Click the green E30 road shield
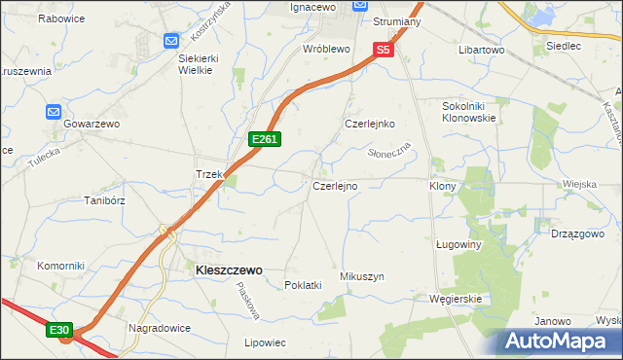(x=59, y=331)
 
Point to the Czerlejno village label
(x=335, y=185)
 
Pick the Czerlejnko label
(x=369, y=125)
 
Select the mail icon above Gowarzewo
(x=55, y=112)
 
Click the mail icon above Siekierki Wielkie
(x=171, y=41)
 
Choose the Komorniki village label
(x=56, y=266)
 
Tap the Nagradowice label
(x=159, y=328)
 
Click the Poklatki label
(x=302, y=285)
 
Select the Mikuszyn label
(x=362, y=277)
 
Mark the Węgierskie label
(x=456, y=299)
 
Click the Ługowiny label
(x=459, y=245)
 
